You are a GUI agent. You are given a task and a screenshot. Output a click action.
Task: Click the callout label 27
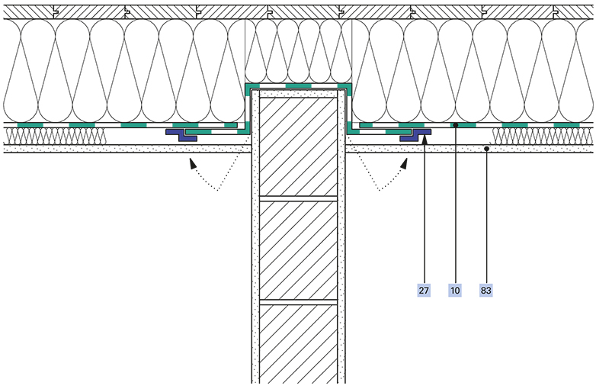coord(424,291)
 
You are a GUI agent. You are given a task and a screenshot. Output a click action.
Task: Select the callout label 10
coord(455,291)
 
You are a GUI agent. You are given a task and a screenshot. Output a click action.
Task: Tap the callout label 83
coord(485,291)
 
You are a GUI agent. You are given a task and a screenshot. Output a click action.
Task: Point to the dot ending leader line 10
coord(455,125)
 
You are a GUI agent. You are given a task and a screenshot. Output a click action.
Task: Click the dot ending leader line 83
coord(485,149)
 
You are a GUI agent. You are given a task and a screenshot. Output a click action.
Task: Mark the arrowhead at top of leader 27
coord(424,140)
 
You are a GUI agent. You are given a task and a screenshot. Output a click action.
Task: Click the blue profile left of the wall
coord(181,135)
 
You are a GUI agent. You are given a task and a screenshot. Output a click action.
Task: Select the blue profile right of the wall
coord(415,135)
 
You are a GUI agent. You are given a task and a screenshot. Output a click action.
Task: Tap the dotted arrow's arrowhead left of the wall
coord(193,163)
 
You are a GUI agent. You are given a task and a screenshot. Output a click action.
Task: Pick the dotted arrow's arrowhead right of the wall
coord(404,163)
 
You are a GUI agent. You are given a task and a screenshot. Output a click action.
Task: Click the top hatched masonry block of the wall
coord(298,146)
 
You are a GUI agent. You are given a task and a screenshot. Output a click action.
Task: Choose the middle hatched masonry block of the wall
coord(298,250)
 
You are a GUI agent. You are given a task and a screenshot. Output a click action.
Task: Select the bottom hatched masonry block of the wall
coord(298,344)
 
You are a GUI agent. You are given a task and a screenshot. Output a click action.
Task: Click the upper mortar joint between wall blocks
coord(298,198)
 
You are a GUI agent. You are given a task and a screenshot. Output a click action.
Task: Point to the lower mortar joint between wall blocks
coord(298,302)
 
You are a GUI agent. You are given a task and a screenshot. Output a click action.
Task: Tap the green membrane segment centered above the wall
coord(298,86)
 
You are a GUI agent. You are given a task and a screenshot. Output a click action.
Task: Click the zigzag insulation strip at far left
coord(54,136)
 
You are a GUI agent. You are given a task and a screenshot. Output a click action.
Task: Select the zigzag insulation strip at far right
coord(543,136)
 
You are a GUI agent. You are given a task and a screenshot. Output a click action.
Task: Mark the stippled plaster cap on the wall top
coord(298,94)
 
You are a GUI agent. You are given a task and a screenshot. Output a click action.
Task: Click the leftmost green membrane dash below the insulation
coord(30,125)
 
